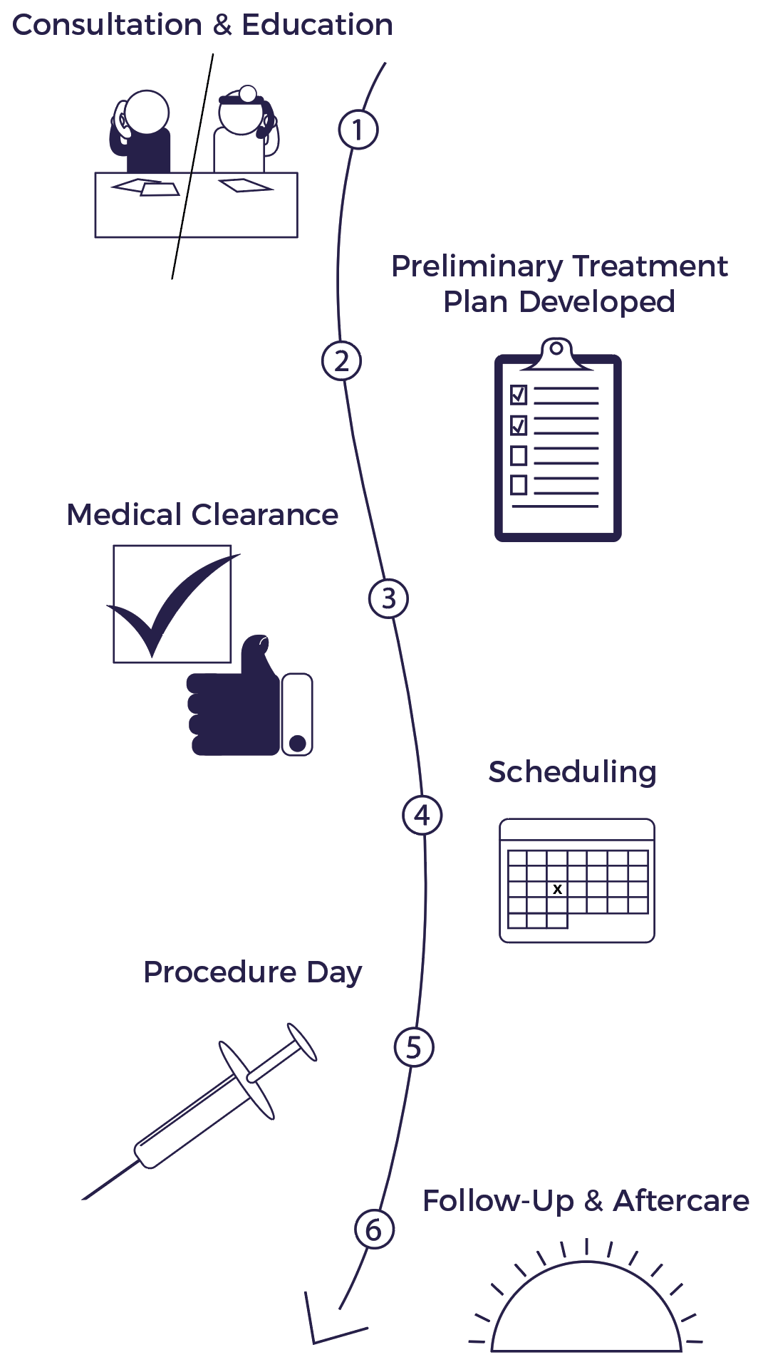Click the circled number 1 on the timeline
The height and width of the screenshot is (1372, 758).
(x=358, y=130)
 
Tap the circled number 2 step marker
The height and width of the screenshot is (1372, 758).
(x=341, y=360)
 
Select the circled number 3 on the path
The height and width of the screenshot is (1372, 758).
(x=388, y=598)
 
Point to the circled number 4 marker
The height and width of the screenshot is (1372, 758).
(x=422, y=815)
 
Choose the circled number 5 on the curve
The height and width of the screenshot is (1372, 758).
(x=414, y=1047)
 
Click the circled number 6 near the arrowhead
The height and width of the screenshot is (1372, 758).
(x=374, y=1229)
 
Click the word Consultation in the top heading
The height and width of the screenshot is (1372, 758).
(x=107, y=25)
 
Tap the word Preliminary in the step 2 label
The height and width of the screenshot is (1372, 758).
(x=477, y=266)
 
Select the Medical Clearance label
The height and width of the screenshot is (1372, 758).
(x=202, y=514)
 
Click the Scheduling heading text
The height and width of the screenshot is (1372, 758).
(x=572, y=772)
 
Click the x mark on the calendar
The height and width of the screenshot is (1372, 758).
(x=558, y=889)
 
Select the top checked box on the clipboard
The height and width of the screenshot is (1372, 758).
(x=519, y=394)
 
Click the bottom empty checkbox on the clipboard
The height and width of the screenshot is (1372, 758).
(x=519, y=485)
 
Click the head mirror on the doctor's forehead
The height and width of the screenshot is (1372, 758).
(x=248, y=93)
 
